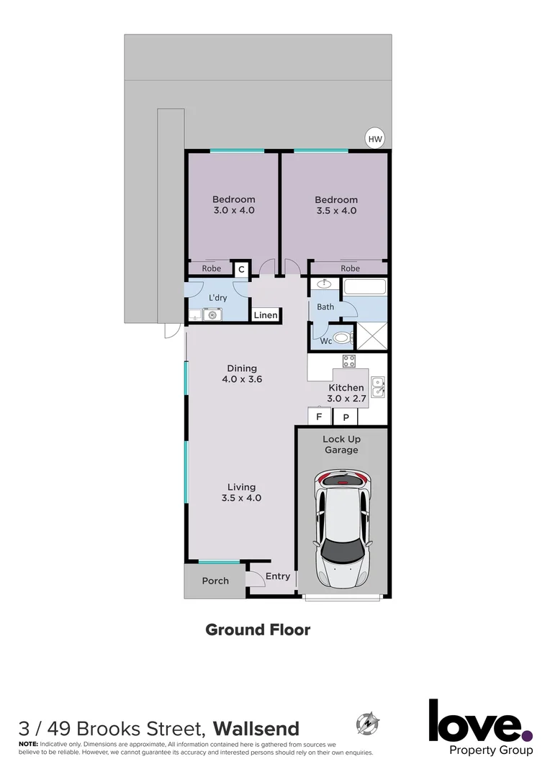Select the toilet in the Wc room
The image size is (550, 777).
click(x=342, y=338)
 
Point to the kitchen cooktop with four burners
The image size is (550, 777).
click(x=350, y=362)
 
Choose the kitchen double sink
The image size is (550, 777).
click(x=378, y=386)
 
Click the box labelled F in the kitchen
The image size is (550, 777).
click(x=319, y=417)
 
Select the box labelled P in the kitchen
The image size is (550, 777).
click(x=345, y=417)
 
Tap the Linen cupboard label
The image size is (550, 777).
click(x=265, y=315)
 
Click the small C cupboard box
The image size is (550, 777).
click(x=242, y=269)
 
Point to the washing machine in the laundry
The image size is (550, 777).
click(x=212, y=314)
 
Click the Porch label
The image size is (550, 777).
click(x=215, y=581)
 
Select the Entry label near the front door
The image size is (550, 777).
click(x=278, y=576)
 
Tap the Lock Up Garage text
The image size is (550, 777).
click(x=341, y=445)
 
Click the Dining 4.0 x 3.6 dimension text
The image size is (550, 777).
click(x=242, y=373)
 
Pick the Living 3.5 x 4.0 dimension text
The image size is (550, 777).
click(x=242, y=492)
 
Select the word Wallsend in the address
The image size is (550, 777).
click(x=256, y=728)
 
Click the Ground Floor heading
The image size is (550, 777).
click(x=258, y=630)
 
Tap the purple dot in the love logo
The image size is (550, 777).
click(x=528, y=735)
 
